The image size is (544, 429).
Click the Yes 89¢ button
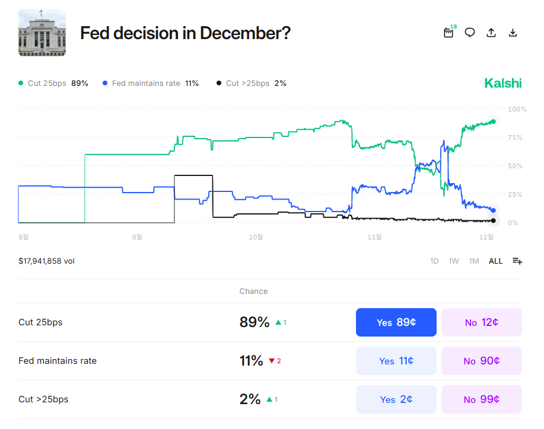pyautogui.click(x=396, y=322)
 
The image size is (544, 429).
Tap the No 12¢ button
pyautogui.click(x=481, y=322)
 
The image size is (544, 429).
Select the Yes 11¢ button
pyautogui.click(x=396, y=361)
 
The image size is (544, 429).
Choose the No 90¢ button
pyautogui.click(x=481, y=361)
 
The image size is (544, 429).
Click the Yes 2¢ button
pyautogui.click(x=396, y=399)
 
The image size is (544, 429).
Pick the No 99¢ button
pyautogui.click(x=481, y=399)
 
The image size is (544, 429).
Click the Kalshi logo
pyautogui.click(x=502, y=83)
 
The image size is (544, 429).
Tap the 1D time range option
pyautogui.click(x=434, y=261)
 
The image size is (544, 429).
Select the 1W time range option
pyautogui.click(x=454, y=261)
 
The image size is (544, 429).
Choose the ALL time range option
pyautogui.click(x=495, y=261)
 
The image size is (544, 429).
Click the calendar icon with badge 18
pyautogui.click(x=448, y=33)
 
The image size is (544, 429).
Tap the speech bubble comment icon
pyautogui.click(x=470, y=33)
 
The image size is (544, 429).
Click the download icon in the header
pyautogui.click(x=513, y=33)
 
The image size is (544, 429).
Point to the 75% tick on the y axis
pyautogui.click(x=514, y=137)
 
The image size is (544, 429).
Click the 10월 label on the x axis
pyautogui.click(x=256, y=237)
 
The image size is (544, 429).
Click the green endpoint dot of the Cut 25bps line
pyautogui.click(x=493, y=121)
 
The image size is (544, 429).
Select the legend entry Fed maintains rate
pyautogui.click(x=145, y=84)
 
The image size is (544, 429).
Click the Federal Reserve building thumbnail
pyautogui.click(x=42, y=33)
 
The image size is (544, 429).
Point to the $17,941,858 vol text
pyautogui.click(x=46, y=261)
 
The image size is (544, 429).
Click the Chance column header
pyautogui.click(x=253, y=291)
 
